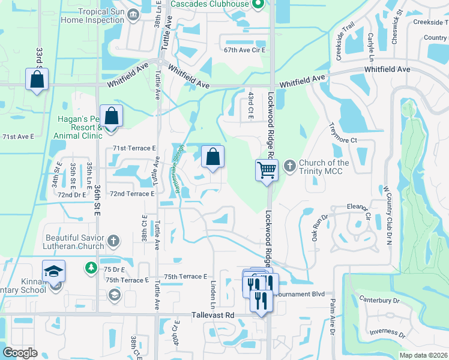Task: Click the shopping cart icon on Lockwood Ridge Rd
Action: (266, 169)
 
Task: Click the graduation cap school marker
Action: (53, 271)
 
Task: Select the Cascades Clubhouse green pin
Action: (259, 5)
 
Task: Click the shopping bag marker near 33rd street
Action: (37, 79)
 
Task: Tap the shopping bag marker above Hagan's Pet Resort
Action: (111, 115)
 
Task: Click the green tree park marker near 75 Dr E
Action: (91, 266)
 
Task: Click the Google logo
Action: (20, 353)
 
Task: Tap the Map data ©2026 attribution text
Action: (424, 355)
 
